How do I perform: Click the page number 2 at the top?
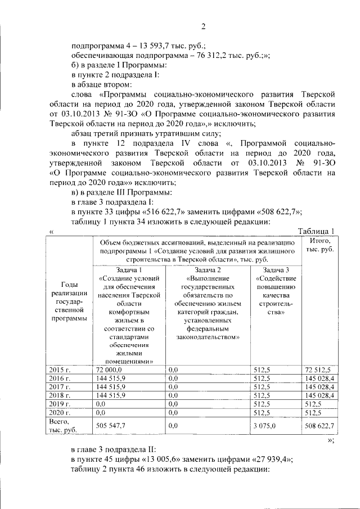point(204,26)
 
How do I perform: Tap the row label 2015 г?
point(60,369)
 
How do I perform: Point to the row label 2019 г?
point(60,404)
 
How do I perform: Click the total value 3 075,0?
point(264,426)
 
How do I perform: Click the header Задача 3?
point(276,271)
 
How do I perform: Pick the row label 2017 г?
point(60,386)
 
